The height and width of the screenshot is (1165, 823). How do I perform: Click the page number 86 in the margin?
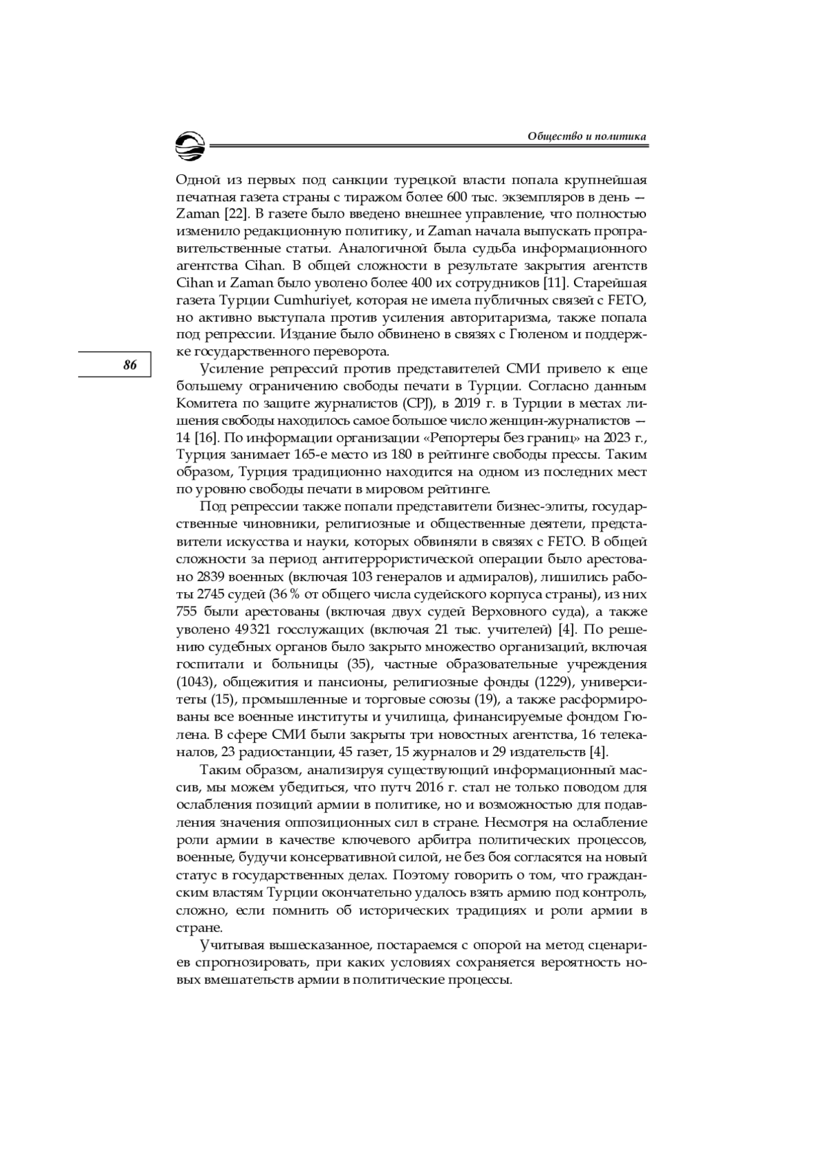click(x=130, y=365)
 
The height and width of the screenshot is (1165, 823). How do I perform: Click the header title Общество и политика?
click(x=587, y=137)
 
